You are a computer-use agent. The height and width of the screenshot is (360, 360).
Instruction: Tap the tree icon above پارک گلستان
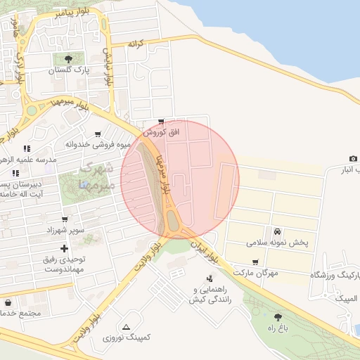point(67,60)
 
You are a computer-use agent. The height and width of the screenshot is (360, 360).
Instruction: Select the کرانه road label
point(136,44)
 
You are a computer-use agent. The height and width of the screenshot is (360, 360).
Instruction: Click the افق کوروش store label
point(162,131)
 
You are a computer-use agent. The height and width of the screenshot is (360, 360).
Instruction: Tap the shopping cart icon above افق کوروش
point(162,122)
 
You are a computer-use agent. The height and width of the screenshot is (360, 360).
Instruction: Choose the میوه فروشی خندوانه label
point(99,145)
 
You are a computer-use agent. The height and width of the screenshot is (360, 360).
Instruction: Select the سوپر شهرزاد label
point(65,231)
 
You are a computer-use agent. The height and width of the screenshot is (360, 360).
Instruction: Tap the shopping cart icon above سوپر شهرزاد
point(65,220)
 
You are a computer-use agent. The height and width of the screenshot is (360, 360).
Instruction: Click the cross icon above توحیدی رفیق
point(65,248)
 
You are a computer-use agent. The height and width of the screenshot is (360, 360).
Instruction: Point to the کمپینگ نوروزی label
point(127,337)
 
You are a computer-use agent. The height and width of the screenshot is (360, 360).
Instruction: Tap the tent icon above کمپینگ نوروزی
point(126,327)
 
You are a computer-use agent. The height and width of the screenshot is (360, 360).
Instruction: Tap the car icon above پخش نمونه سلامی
point(278,231)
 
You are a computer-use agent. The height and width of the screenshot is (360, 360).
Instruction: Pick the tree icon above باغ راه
point(280,317)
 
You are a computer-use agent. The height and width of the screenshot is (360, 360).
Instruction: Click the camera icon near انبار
point(352,159)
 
